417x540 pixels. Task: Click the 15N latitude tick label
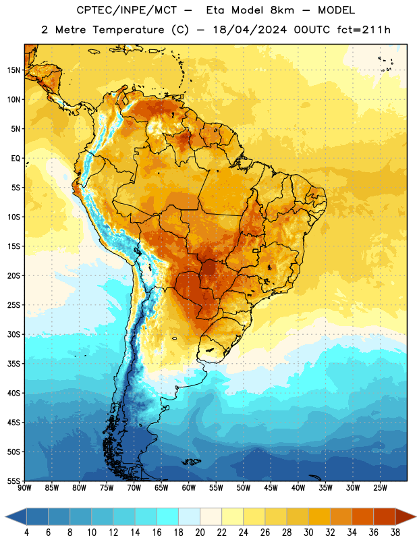point(13,70)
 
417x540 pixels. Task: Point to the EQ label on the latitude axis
point(16,159)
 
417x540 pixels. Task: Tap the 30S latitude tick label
point(13,334)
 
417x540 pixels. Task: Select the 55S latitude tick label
point(13,481)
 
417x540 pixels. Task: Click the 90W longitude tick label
point(25,487)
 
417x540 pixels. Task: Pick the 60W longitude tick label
point(189,487)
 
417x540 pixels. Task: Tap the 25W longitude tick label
point(380,487)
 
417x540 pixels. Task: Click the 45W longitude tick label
point(271,487)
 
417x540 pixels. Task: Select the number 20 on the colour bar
point(200,533)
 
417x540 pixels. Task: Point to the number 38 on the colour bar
point(395,533)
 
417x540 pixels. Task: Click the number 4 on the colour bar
point(26,533)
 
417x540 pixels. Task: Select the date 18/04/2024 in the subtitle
point(250,30)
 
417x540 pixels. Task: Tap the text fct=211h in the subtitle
point(364,30)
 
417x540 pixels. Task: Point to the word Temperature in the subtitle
point(128,30)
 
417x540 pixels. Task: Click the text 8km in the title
point(282,10)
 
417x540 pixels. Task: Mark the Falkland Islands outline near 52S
point(191,462)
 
